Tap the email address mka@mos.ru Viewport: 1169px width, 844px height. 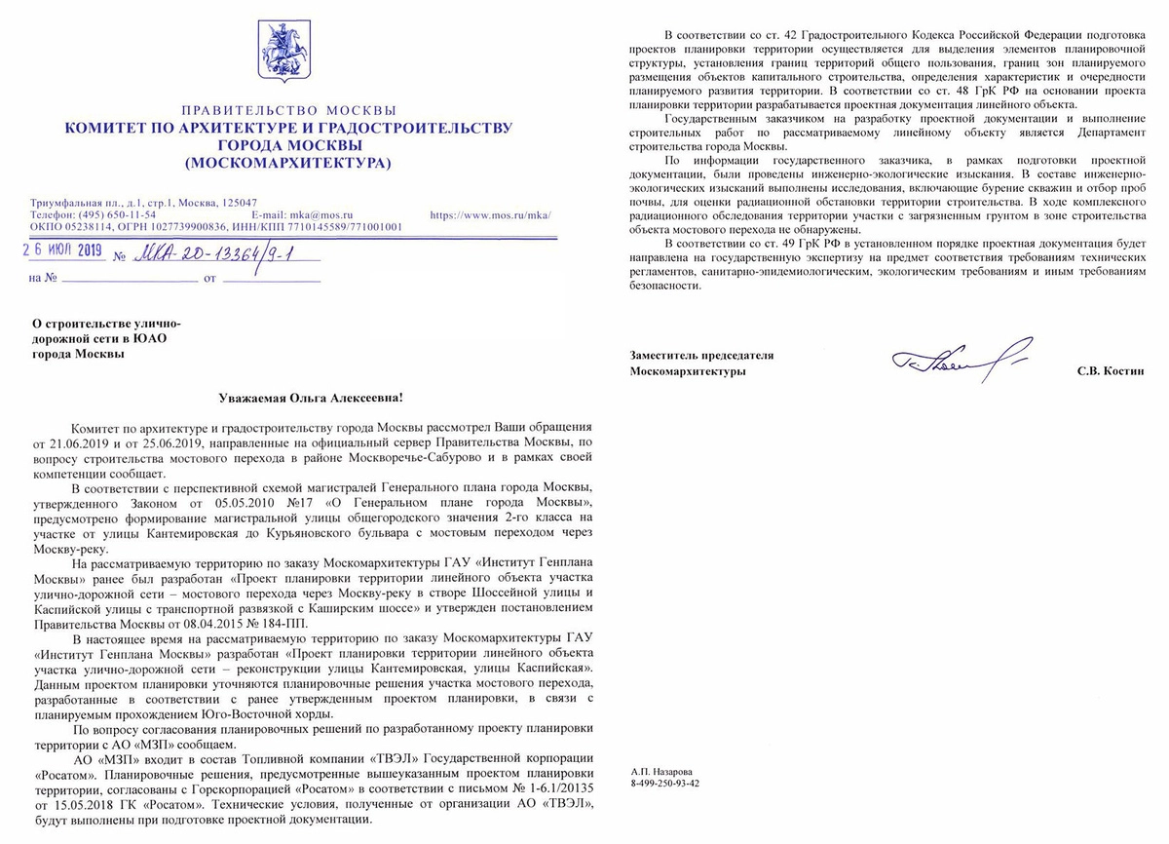pyautogui.click(x=321, y=214)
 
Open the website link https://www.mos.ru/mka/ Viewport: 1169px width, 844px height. pyautogui.click(x=491, y=214)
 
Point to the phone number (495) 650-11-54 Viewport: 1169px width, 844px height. pyautogui.click(x=118, y=214)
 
